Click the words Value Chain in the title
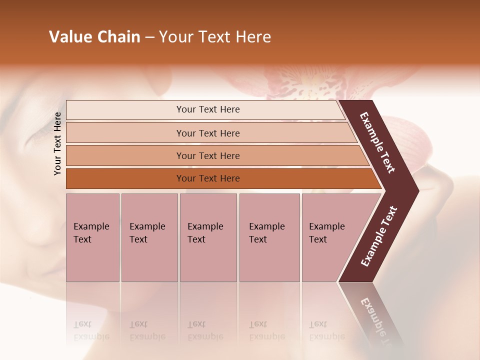94,37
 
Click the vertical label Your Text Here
58,143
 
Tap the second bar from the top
208,133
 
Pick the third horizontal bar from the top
208,155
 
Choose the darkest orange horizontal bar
208,178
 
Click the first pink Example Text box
92,237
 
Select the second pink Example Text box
149,237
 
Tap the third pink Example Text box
207,237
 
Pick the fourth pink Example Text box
269,237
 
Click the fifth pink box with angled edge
330,237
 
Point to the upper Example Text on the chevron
378,142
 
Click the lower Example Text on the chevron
378,236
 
